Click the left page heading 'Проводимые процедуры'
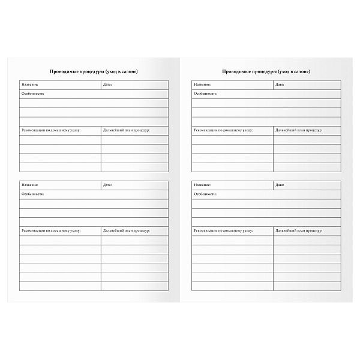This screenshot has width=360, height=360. tap(94, 72)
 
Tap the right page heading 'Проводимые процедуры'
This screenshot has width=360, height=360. tap(266, 72)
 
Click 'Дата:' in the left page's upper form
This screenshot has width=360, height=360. tap(108, 85)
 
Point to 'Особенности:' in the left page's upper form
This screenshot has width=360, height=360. tap(32, 94)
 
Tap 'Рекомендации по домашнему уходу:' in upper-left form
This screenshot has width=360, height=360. tap(51, 130)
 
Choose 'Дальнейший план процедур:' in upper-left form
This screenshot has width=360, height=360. tap(127, 130)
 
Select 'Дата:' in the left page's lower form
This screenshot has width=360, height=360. tap(108, 185)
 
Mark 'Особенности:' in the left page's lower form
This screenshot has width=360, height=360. tap(32, 194)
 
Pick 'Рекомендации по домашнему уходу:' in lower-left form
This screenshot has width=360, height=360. tap(51, 230)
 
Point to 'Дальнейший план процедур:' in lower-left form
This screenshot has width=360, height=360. tap(127, 230)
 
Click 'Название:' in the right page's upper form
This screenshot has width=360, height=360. tap(202, 85)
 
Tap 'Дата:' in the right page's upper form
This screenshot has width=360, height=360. tap(280, 85)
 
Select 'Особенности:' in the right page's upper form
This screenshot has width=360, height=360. tap(205, 94)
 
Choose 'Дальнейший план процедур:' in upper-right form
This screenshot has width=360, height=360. tap(299, 130)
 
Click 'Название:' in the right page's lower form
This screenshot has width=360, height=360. tap(202, 185)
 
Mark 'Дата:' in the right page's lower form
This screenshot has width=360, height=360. tap(280, 185)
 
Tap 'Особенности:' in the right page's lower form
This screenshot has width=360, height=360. tap(205, 194)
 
